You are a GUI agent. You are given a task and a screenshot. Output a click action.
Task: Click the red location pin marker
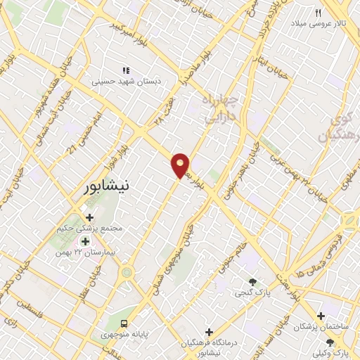(x=181, y=165)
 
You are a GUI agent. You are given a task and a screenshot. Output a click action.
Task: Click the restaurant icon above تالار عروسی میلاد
(x=318, y=13)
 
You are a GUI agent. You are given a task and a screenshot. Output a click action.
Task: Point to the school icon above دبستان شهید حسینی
(x=126, y=70)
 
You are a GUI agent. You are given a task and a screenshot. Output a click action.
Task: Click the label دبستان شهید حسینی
(x=127, y=82)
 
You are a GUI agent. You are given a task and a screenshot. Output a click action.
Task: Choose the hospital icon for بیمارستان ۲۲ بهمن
(x=85, y=241)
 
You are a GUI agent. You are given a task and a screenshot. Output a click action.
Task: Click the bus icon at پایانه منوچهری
(x=124, y=324)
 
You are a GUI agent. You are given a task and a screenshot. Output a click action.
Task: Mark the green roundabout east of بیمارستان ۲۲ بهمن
(x=127, y=271)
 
